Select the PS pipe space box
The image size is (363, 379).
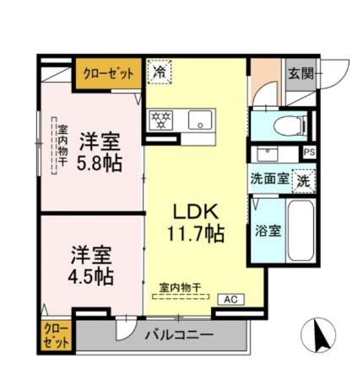310,152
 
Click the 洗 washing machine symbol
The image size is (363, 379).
302,179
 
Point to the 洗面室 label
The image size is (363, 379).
268,179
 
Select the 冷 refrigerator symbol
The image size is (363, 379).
159,73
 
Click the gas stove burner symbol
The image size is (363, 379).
161,119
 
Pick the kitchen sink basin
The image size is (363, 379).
200,119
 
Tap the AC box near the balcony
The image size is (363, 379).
229,299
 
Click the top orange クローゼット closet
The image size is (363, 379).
109,74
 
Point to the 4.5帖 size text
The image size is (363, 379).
90,275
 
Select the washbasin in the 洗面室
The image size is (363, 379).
268,155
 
